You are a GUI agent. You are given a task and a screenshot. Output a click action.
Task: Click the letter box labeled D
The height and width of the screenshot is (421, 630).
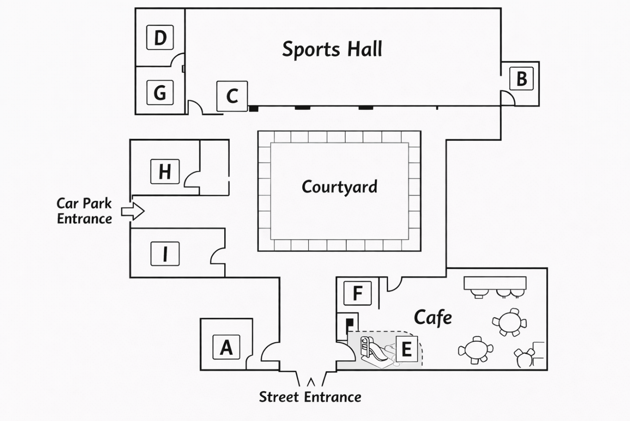point(160,38)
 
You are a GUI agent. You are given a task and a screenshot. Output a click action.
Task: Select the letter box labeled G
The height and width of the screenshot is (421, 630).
point(160,92)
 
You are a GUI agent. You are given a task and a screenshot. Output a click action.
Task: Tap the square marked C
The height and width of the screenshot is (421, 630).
point(232,96)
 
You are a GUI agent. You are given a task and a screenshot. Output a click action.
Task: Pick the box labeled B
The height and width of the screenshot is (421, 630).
point(522,79)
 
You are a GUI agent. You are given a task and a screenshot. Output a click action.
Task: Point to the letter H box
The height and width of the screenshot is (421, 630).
point(165,172)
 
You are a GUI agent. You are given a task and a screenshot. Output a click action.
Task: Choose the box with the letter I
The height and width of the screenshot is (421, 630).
point(165,254)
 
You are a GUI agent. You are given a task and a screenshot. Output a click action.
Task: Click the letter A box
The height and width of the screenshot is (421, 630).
point(226,347)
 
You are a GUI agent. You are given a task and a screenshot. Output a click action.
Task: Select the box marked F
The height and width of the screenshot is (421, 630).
point(357,293)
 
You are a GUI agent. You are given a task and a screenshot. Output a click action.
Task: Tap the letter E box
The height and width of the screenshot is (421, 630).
point(407,349)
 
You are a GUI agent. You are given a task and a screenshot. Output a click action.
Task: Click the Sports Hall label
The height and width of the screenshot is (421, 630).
point(332,49)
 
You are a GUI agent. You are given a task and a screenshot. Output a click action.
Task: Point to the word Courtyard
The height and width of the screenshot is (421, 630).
point(340,187)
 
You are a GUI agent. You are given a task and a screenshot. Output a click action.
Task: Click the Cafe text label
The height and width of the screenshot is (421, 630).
point(433,318)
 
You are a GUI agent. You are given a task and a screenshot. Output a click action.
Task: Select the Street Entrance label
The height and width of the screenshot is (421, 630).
point(310,397)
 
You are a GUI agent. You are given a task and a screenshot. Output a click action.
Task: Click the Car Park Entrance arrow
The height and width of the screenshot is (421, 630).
point(133,211)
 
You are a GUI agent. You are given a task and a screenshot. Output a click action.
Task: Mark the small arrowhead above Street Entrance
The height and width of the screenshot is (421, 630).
point(311,382)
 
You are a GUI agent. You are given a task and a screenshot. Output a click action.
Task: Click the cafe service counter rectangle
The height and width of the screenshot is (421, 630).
point(495,283)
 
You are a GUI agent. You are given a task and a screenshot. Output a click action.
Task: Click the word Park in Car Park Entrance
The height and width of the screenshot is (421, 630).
point(97,203)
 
